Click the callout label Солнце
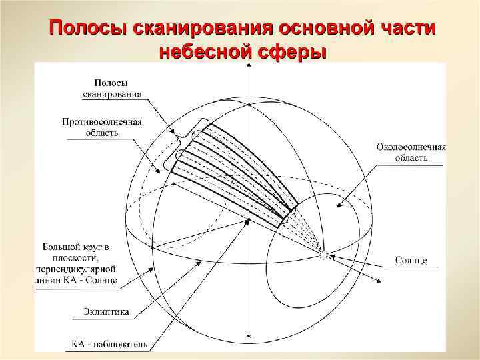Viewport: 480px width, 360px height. coord(411,259)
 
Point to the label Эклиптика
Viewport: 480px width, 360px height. coord(107,311)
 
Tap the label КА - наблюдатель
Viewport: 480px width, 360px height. coord(109,345)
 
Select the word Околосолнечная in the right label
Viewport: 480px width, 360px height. coord(411,147)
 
